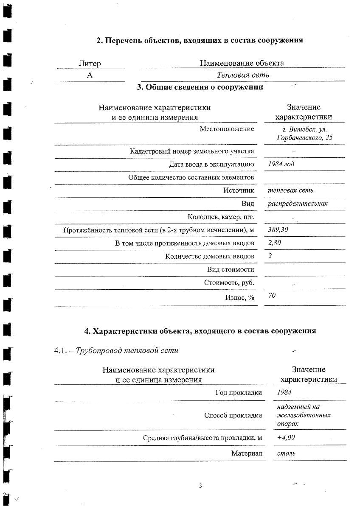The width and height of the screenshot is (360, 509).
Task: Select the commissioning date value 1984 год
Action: pyautogui.click(x=281, y=164)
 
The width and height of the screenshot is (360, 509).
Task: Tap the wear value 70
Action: pyautogui.click(x=272, y=295)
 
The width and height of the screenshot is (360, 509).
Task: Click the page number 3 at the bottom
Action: pyautogui.click(x=200, y=486)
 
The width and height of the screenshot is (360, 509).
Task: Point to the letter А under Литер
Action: pyautogui.click(x=90, y=75)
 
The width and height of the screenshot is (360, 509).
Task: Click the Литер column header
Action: pyautogui.click(x=90, y=64)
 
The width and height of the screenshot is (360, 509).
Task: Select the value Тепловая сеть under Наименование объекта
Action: pyautogui.click(x=243, y=75)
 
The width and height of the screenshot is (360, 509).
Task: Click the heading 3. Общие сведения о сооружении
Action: pyautogui.click(x=200, y=87)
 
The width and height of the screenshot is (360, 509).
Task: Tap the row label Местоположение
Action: pyautogui.click(x=227, y=129)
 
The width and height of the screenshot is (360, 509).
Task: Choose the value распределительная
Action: pyautogui.click(x=298, y=203)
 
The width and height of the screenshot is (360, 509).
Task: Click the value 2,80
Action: pyautogui.click(x=275, y=243)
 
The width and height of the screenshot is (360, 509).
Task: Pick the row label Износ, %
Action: pyautogui.click(x=239, y=298)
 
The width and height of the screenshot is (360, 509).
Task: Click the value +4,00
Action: pyautogui.click(x=286, y=437)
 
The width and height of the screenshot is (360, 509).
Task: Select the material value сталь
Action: pyautogui.click(x=286, y=453)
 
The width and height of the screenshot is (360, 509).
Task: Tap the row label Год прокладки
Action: pyautogui.click(x=239, y=392)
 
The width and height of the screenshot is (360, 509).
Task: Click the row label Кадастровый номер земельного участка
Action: pyautogui.click(x=192, y=151)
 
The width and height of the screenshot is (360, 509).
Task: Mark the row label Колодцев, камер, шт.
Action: pyautogui.click(x=221, y=217)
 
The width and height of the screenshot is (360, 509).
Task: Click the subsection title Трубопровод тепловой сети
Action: pyautogui.click(x=127, y=350)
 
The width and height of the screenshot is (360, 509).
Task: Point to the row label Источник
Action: pyautogui.click(x=239, y=190)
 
